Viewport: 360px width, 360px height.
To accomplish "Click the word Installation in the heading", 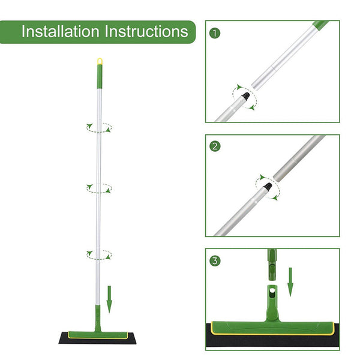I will [x=61, y=31].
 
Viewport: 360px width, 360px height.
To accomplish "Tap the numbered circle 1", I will [x=215, y=34].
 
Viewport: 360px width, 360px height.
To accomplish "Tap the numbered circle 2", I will [x=215, y=146].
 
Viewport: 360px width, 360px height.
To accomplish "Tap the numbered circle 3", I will [x=215, y=261].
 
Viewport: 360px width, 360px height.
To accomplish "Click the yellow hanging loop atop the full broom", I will [x=100, y=61].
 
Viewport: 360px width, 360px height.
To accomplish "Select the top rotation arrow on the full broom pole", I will [x=99, y=127].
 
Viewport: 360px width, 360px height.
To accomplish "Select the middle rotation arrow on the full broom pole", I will [x=99, y=188].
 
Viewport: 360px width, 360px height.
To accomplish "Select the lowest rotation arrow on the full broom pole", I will [x=98, y=254].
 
